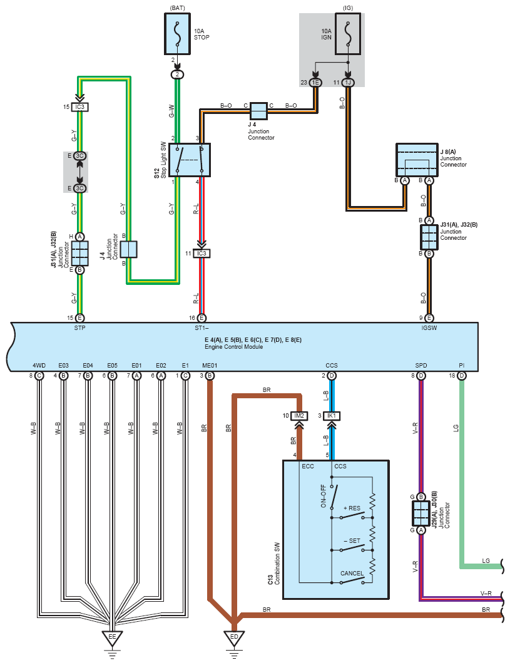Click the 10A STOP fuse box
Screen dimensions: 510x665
[x=177, y=34]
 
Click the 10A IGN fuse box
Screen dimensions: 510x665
[x=348, y=34]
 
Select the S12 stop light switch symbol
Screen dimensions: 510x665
[x=190, y=160]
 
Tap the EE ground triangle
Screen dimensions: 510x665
[x=112, y=638]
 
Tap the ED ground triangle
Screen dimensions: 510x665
[x=234, y=638]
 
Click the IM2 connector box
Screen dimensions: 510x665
[x=299, y=416]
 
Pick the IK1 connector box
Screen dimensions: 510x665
[x=332, y=416]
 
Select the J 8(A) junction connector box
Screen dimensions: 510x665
[x=417, y=160]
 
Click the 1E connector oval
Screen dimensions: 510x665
[x=315, y=83]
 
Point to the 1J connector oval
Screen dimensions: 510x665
[x=348, y=83]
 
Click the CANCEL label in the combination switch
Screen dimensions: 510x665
[x=352, y=573]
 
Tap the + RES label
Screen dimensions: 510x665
[x=352, y=508]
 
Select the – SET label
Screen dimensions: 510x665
[x=352, y=541]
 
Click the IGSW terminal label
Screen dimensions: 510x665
[x=429, y=328]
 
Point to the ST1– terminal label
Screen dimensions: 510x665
[x=201, y=328]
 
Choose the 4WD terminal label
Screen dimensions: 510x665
[x=39, y=365]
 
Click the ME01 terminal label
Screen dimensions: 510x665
[x=210, y=365]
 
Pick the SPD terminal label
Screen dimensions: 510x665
[x=421, y=365]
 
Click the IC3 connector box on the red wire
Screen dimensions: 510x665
[x=201, y=253]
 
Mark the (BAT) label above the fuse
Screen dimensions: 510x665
[x=177, y=8]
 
